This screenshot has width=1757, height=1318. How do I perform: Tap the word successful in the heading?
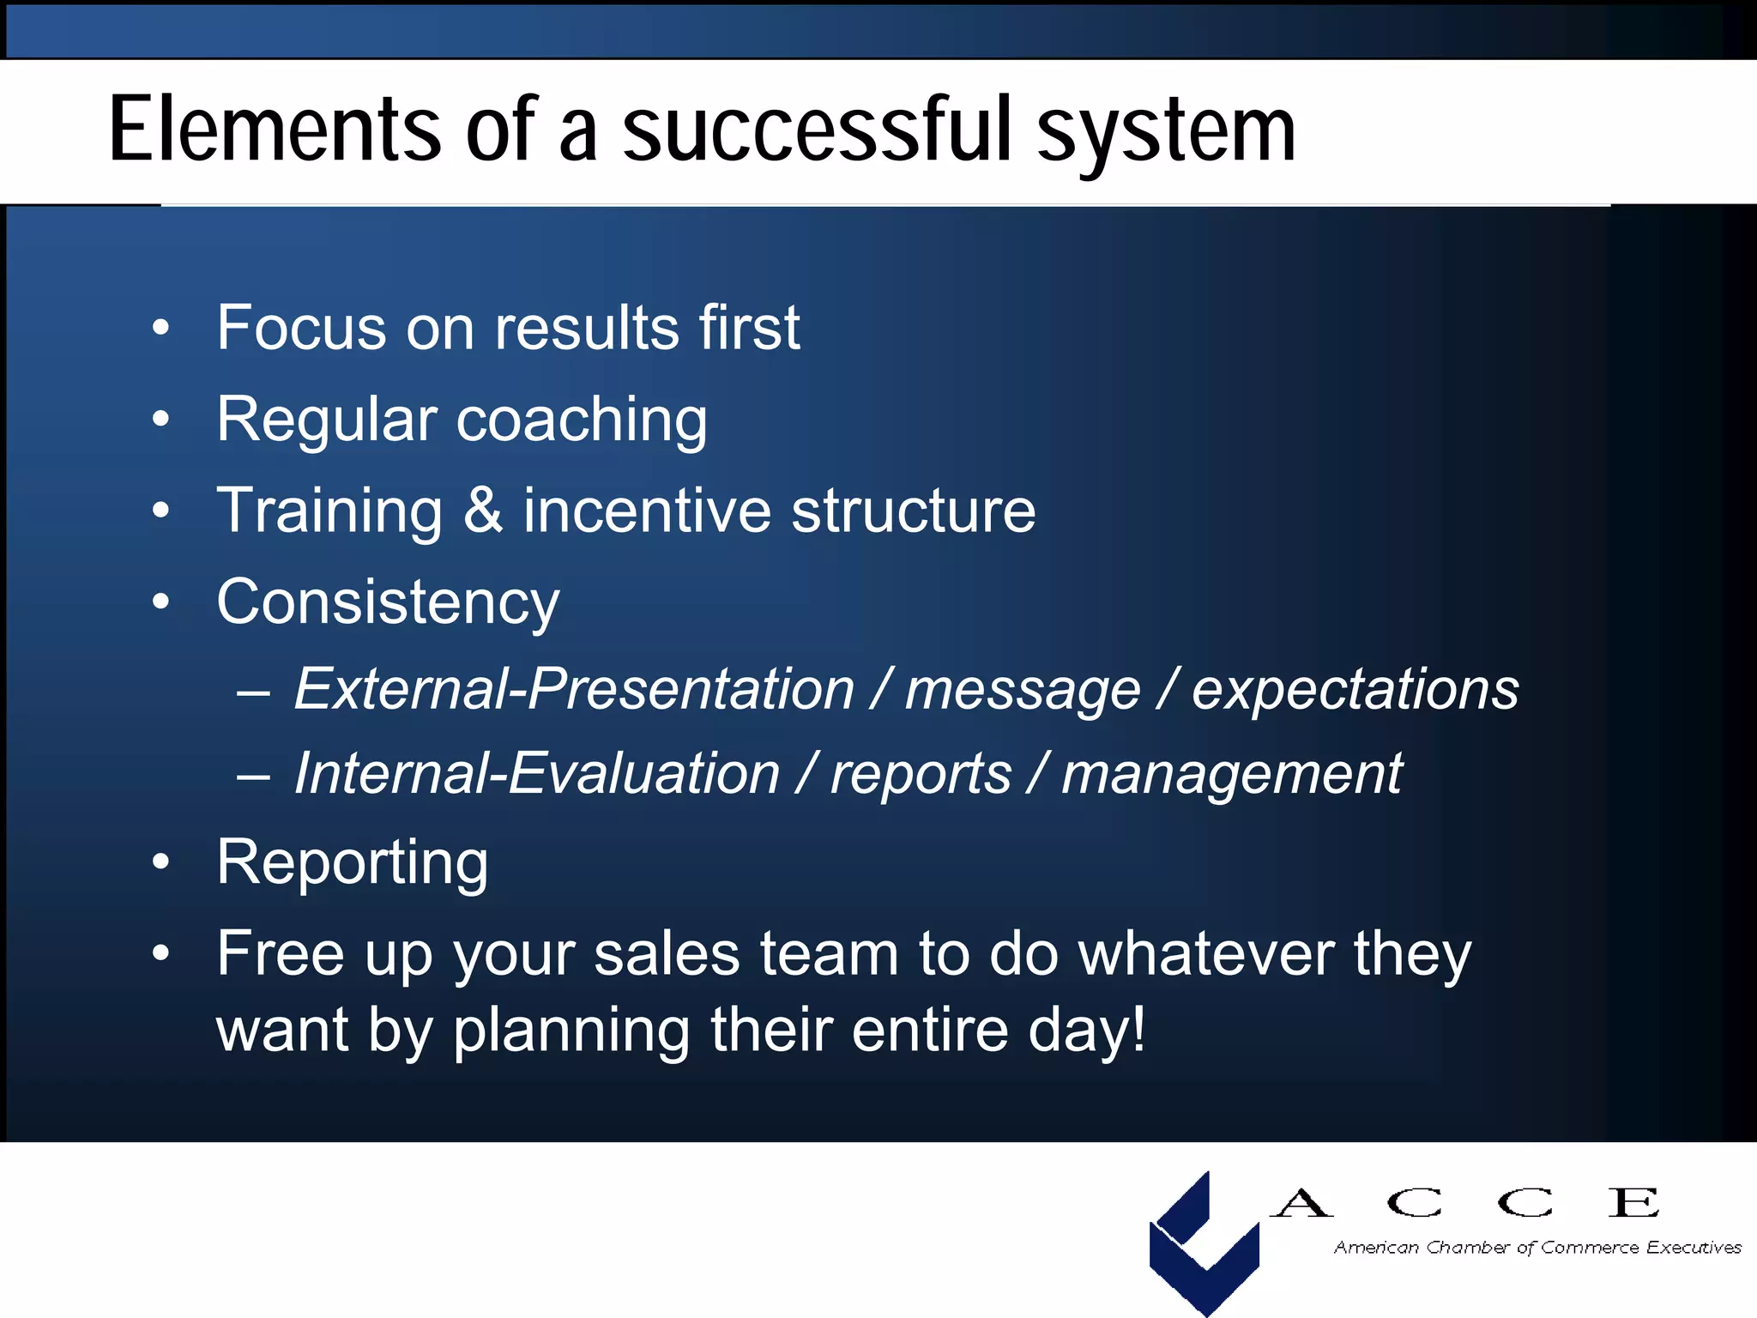point(821,130)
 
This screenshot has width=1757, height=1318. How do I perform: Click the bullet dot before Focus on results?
point(160,329)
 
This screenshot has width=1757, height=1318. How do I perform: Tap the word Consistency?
point(388,603)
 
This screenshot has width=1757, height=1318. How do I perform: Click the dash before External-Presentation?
point(254,692)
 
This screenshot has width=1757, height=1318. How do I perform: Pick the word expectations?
point(1355,690)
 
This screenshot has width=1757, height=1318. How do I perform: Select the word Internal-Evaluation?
point(537,774)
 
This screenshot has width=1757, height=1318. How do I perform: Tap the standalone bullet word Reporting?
point(353,863)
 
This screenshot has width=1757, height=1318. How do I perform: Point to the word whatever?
point(1205,953)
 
